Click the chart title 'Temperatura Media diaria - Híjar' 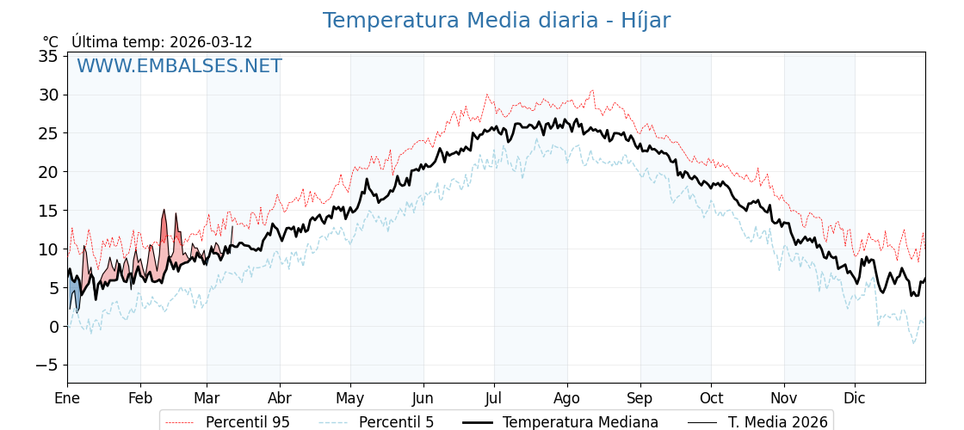[496, 21]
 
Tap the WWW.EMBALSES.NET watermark [179, 66]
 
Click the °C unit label [51, 42]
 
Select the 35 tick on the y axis [48, 56]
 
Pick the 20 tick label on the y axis [48, 172]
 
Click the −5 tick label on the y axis [45, 365]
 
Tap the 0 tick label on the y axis [53, 327]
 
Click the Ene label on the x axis [67, 398]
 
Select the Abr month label [280, 398]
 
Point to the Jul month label [494, 398]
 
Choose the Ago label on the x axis [567, 398]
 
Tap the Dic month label [855, 398]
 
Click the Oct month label [711, 398]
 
